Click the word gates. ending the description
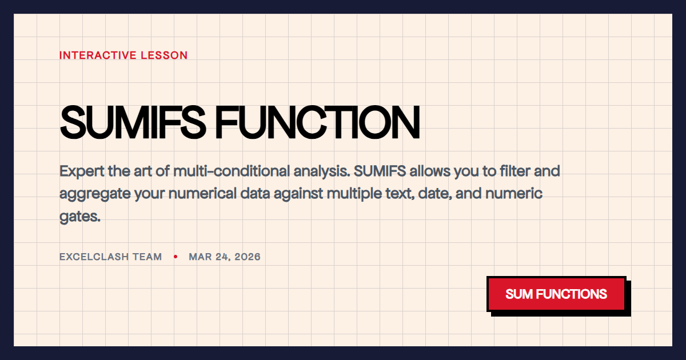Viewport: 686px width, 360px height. [x=80, y=217]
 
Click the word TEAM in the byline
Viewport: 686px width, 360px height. [x=147, y=257]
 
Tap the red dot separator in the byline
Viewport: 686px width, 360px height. [x=176, y=257]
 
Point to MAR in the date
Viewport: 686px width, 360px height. [x=200, y=257]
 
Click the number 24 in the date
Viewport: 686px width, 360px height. [x=223, y=257]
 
